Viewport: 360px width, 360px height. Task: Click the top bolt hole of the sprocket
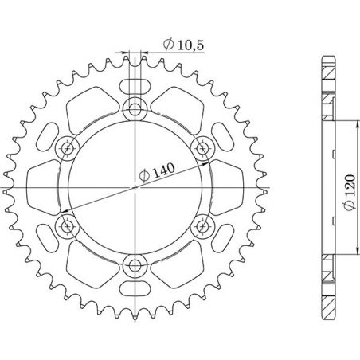pos(135,109)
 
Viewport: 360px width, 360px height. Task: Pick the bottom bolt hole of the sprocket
pos(135,265)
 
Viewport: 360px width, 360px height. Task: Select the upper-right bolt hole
pos(202,147)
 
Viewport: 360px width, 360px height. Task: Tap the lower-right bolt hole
pos(202,226)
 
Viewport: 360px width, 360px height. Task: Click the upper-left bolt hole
pos(68,147)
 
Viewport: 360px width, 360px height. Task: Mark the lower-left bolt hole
pos(68,226)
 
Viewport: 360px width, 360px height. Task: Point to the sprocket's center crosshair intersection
pos(135,187)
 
